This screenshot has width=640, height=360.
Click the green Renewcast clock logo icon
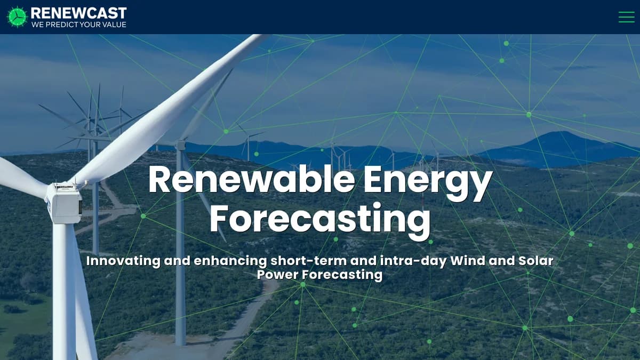click(x=17, y=17)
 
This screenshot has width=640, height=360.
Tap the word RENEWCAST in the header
click(x=79, y=13)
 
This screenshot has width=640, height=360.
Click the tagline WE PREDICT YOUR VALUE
click(x=79, y=25)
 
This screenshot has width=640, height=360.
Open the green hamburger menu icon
click(x=626, y=17)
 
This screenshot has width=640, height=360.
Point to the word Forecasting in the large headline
click(x=320, y=218)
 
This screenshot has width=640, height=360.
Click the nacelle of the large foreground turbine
click(x=64, y=203)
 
